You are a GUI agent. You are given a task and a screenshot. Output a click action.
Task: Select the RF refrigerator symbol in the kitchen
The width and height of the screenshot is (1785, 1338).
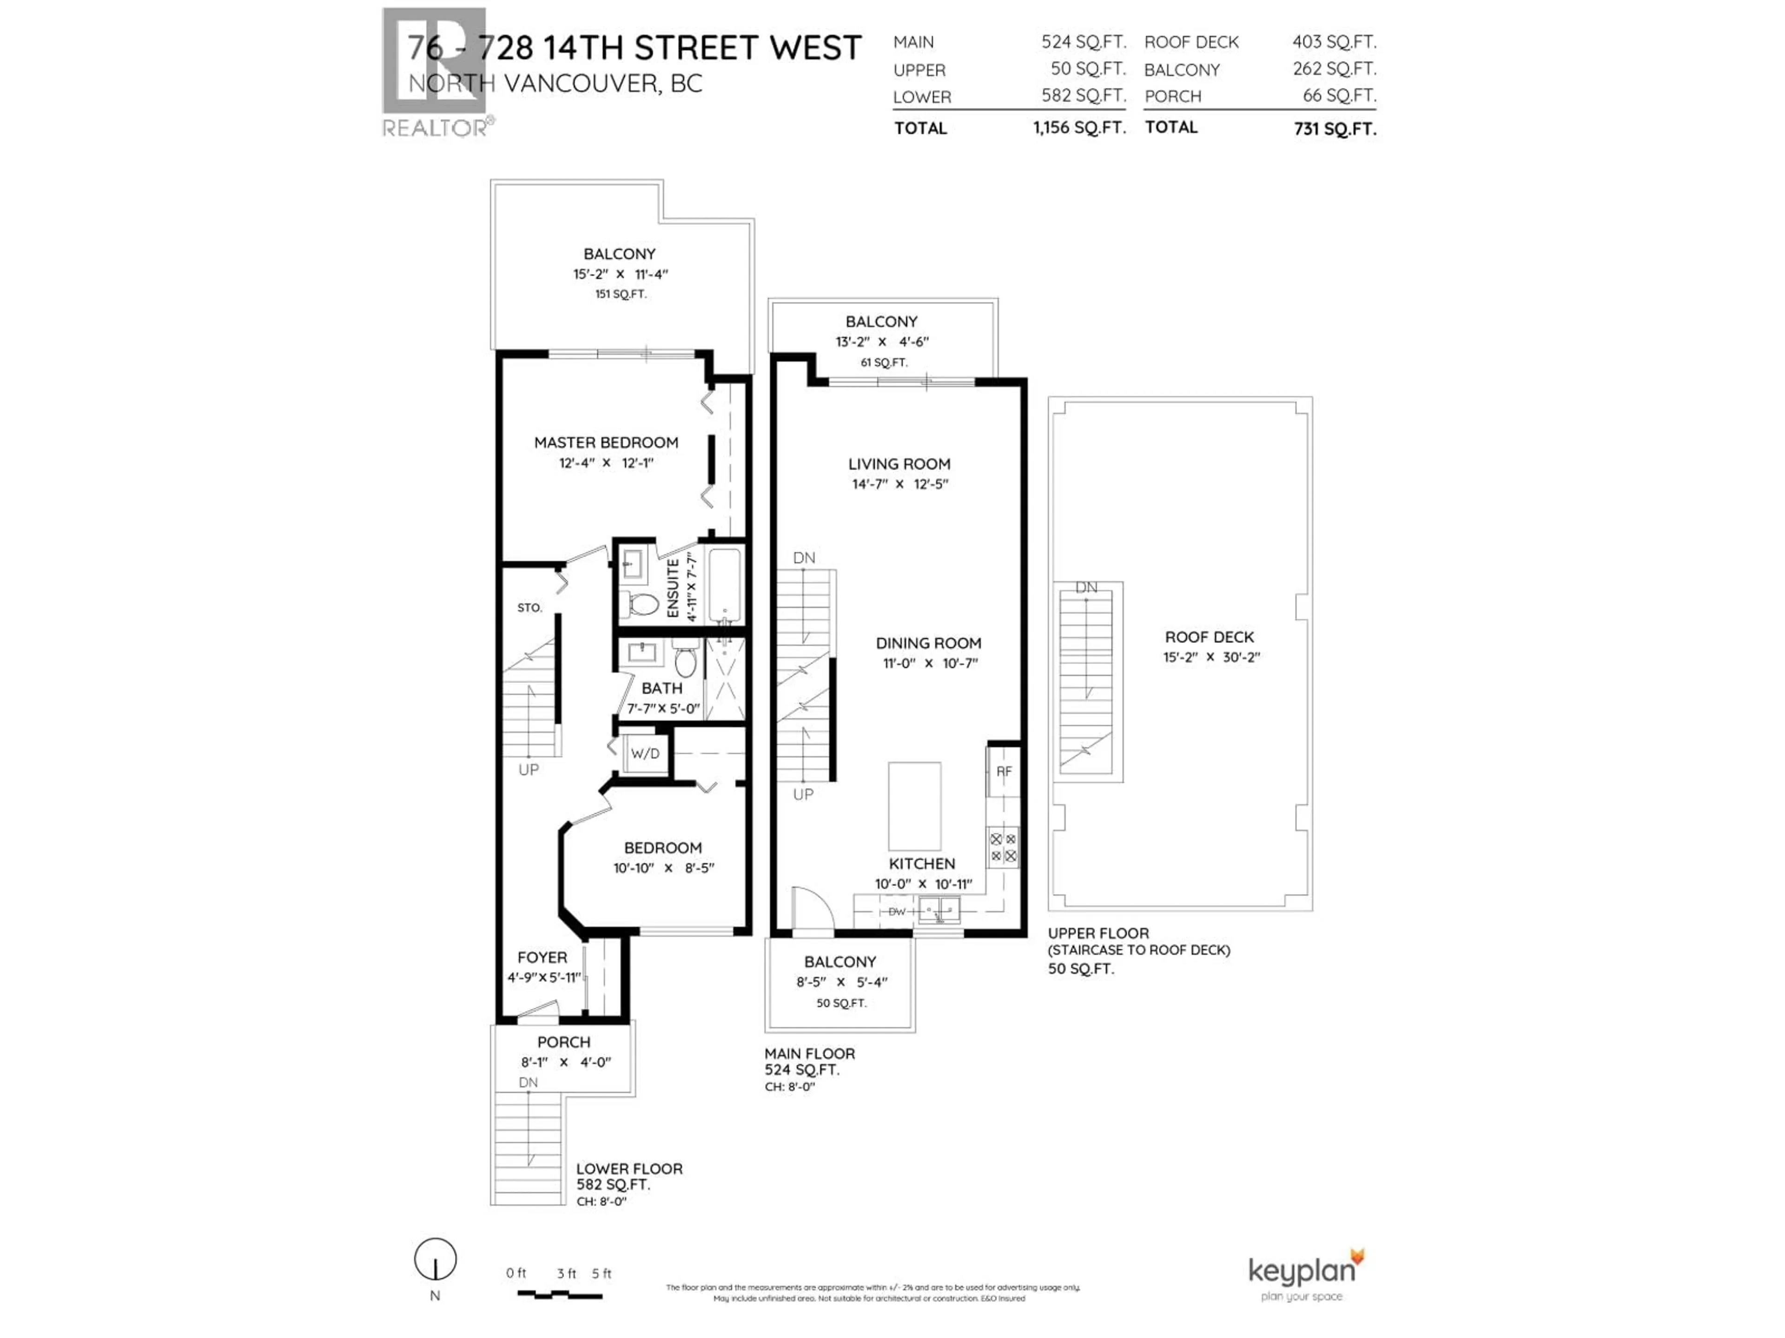(1003, 772)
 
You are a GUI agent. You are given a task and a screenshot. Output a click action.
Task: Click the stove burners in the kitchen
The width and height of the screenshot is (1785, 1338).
(1003, 847)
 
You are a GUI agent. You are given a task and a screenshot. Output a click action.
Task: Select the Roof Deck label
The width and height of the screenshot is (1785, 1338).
(1209, 637)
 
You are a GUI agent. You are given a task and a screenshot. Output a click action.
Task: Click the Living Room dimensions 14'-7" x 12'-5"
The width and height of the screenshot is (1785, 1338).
(899, 485)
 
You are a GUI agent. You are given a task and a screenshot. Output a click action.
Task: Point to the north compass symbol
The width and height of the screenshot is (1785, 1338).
(436, 1260)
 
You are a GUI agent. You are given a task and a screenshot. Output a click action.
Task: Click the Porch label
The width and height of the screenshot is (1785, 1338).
(563, 1042)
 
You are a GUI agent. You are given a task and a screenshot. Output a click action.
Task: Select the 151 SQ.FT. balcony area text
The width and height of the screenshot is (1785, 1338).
(621, 295)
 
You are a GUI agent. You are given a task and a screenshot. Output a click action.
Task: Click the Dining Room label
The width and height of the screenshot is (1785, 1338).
(928, 643)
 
